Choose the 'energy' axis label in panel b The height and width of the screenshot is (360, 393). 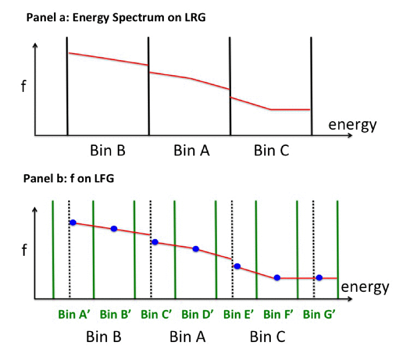365,287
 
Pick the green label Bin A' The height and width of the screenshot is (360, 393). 73,314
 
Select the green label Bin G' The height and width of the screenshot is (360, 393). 320,314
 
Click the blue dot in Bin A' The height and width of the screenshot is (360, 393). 73,223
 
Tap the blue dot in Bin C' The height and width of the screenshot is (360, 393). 155,242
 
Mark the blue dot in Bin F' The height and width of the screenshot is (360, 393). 277,278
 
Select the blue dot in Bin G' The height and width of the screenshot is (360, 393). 320,278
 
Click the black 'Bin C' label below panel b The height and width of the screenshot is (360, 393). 267,337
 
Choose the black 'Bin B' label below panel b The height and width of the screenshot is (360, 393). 104,337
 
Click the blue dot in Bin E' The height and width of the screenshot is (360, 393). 237,266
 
